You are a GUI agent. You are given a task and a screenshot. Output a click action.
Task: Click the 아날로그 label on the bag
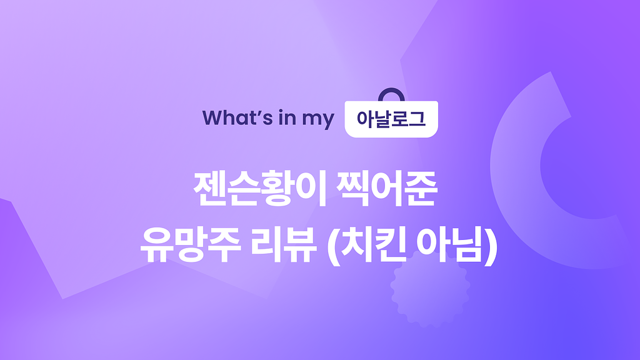[391, 119]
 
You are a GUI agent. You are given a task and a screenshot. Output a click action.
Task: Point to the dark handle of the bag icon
[391, 93]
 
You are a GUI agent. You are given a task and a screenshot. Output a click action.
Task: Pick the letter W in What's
[212, 118]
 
